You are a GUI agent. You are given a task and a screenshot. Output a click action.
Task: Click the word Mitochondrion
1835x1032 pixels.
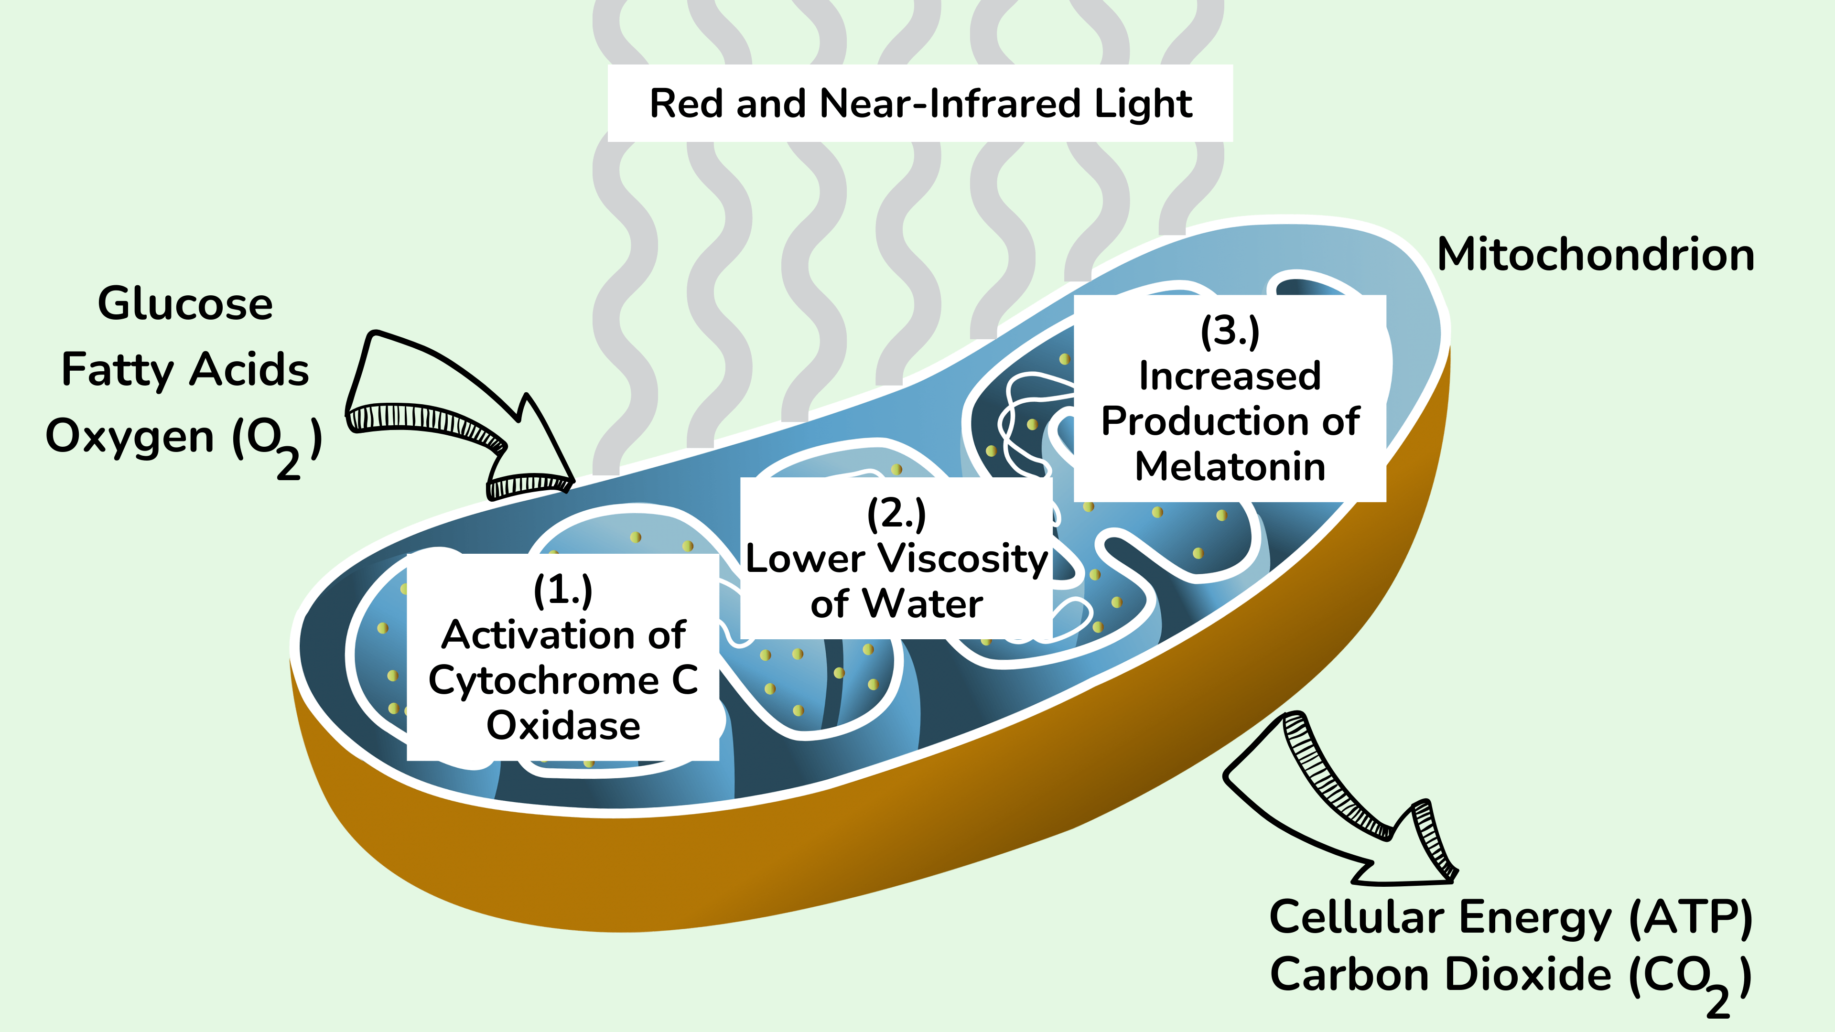[1596, 255]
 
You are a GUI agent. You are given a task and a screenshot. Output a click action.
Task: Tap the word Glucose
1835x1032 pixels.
[185, 304]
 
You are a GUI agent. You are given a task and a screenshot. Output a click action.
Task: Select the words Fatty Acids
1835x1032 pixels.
[185, 370]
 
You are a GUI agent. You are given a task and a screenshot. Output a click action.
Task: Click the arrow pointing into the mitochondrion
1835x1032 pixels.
[463, 420]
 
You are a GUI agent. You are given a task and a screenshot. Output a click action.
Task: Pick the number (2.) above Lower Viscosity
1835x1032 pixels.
[896, 514]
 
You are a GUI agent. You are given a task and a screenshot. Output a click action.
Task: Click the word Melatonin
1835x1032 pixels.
[1230, 467]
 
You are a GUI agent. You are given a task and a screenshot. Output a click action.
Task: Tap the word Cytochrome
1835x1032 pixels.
[543, 681]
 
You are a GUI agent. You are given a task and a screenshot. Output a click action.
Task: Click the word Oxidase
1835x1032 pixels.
[563, 726]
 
